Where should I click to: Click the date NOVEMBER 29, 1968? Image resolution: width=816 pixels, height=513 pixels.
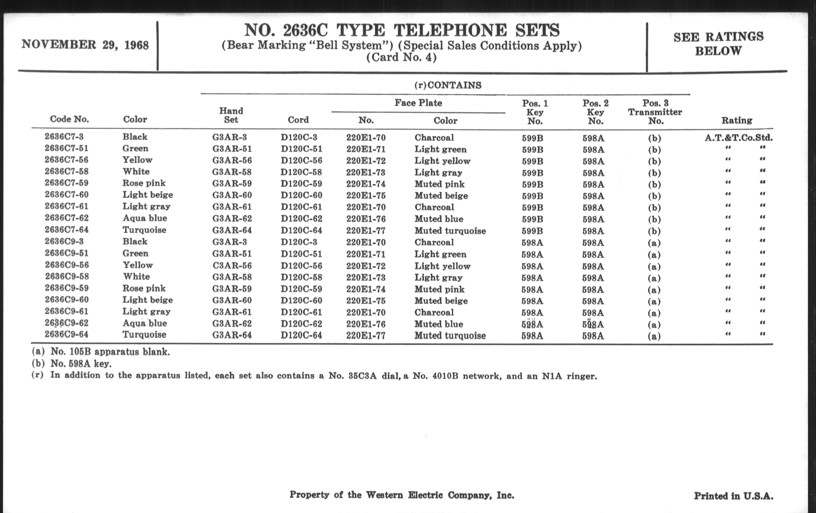[x=85, y=45]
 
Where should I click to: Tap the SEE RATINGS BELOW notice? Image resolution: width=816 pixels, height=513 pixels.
[x=718, y=44]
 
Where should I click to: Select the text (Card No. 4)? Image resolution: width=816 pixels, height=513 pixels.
[x=401, y=57]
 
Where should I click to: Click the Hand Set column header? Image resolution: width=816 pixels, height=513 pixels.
[x=231, y=115]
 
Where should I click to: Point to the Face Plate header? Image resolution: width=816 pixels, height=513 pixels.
[x=418, y=103]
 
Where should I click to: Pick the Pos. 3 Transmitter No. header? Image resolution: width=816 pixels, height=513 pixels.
[x=655, y=112]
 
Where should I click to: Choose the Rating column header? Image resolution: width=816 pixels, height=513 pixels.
[x=737, y=120]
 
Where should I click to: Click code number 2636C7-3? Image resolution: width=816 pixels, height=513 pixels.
[x=64, y=136]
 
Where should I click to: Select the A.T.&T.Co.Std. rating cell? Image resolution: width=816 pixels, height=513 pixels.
[x=738, y=138]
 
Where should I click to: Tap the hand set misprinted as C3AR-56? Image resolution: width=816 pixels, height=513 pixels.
[x=232, y=266]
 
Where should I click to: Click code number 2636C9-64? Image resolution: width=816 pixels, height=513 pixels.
[x=66, y=335]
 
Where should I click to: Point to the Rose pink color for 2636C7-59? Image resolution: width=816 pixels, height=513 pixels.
[x=144, y=183]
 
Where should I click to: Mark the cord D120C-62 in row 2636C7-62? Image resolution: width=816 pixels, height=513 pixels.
[x=301, y=218]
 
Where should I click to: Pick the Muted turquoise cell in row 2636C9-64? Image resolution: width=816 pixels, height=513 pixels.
[x=450, y=336]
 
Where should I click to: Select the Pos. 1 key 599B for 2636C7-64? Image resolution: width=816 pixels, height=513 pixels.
[x=532, y=231]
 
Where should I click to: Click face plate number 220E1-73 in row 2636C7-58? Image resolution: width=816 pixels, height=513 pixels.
[x=366, y=172]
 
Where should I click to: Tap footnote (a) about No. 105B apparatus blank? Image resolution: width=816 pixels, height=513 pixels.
[x=101, y=352]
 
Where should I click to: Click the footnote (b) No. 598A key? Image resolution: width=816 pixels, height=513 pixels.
[x=71, y=364]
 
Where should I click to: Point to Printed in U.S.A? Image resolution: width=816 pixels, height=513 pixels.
[x=733, y=496]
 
